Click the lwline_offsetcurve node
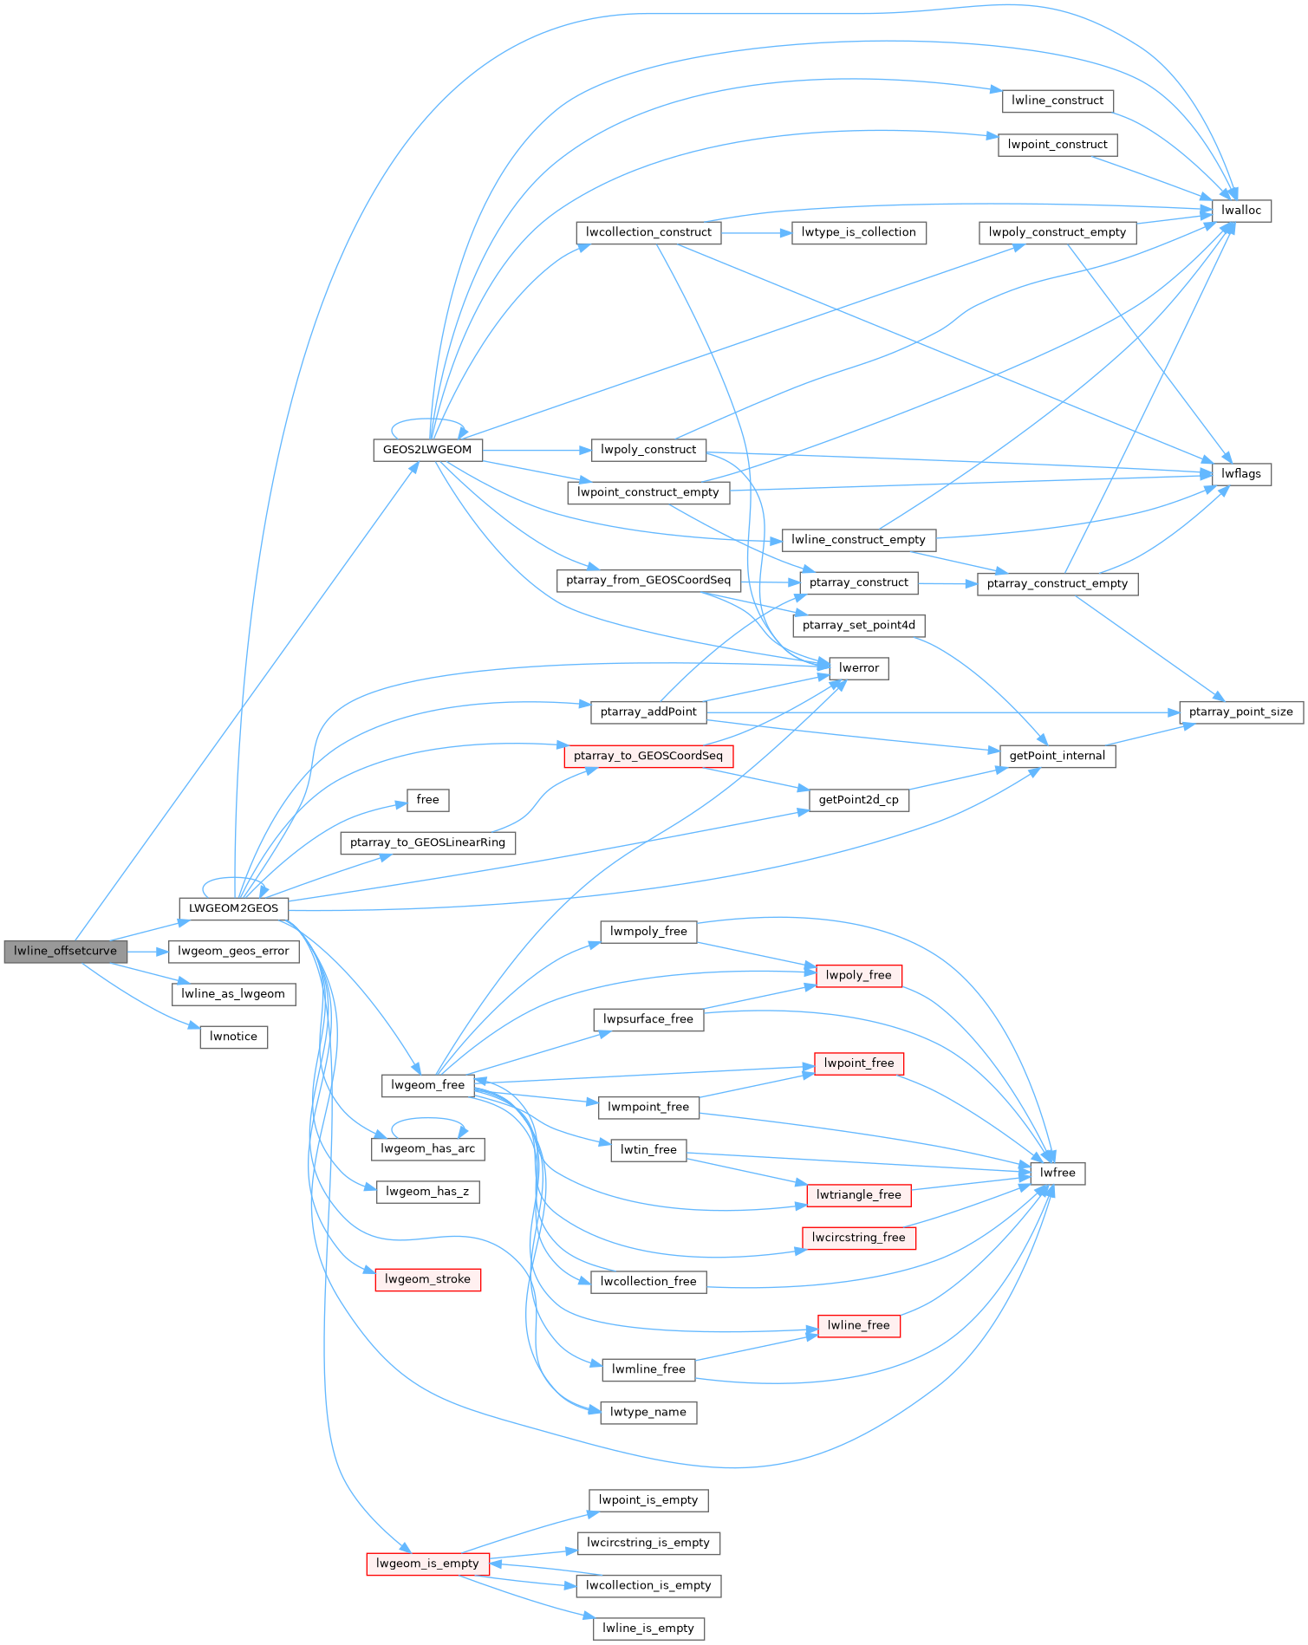(x=65, y=951)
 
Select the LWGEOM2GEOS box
(x=233, y=908)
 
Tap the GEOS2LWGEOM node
(x=427, y=450)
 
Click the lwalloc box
(x=1241, y=211)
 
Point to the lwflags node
(x=1241, y=474)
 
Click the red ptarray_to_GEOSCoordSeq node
(x=648, y=756)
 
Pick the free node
(x=428, y=800)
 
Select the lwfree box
(x=1057, y=1173)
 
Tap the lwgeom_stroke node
(x=427, y=1279)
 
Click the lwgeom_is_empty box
(x=427, y=1564)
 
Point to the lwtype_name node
(x=648, y=1412)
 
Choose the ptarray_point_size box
(x=1241, y=712)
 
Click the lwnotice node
(x=233, y=1037)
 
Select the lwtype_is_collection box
(x=859, y=232)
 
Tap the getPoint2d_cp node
(x=859, y=800)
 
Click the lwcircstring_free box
(x=859, y=1238)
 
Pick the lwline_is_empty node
(x=648, y=1629)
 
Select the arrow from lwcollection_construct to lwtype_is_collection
(x=755, y=232)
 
